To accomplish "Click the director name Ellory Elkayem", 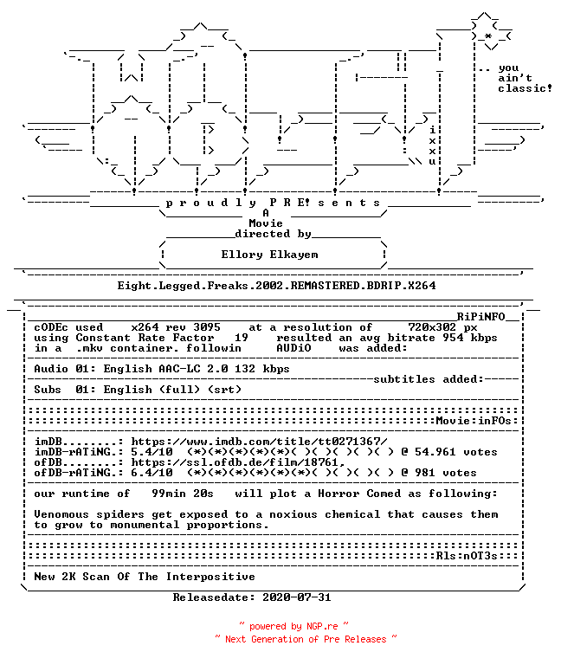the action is point(269,255).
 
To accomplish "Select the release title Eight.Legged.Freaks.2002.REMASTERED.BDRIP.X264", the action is point(276,286).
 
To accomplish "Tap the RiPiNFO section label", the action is point(480,317).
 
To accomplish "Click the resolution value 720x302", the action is point(432,327).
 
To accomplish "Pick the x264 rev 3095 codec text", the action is point(176,327).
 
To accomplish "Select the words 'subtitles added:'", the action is point(429,379).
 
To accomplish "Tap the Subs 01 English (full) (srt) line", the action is point(138,390).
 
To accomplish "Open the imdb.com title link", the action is point(259,442).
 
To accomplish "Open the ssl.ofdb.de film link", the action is point(237,462).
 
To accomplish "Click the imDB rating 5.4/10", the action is point(152,452).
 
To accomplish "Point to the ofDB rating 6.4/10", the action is point(152,473).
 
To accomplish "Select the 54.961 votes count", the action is point(456,452).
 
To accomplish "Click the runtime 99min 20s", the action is point(183,494).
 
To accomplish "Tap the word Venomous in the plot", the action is point(61,514).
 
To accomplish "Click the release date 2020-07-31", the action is point(296,597).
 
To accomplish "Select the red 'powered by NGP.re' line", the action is point(293,626).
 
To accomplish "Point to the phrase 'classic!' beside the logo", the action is point(525,88).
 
